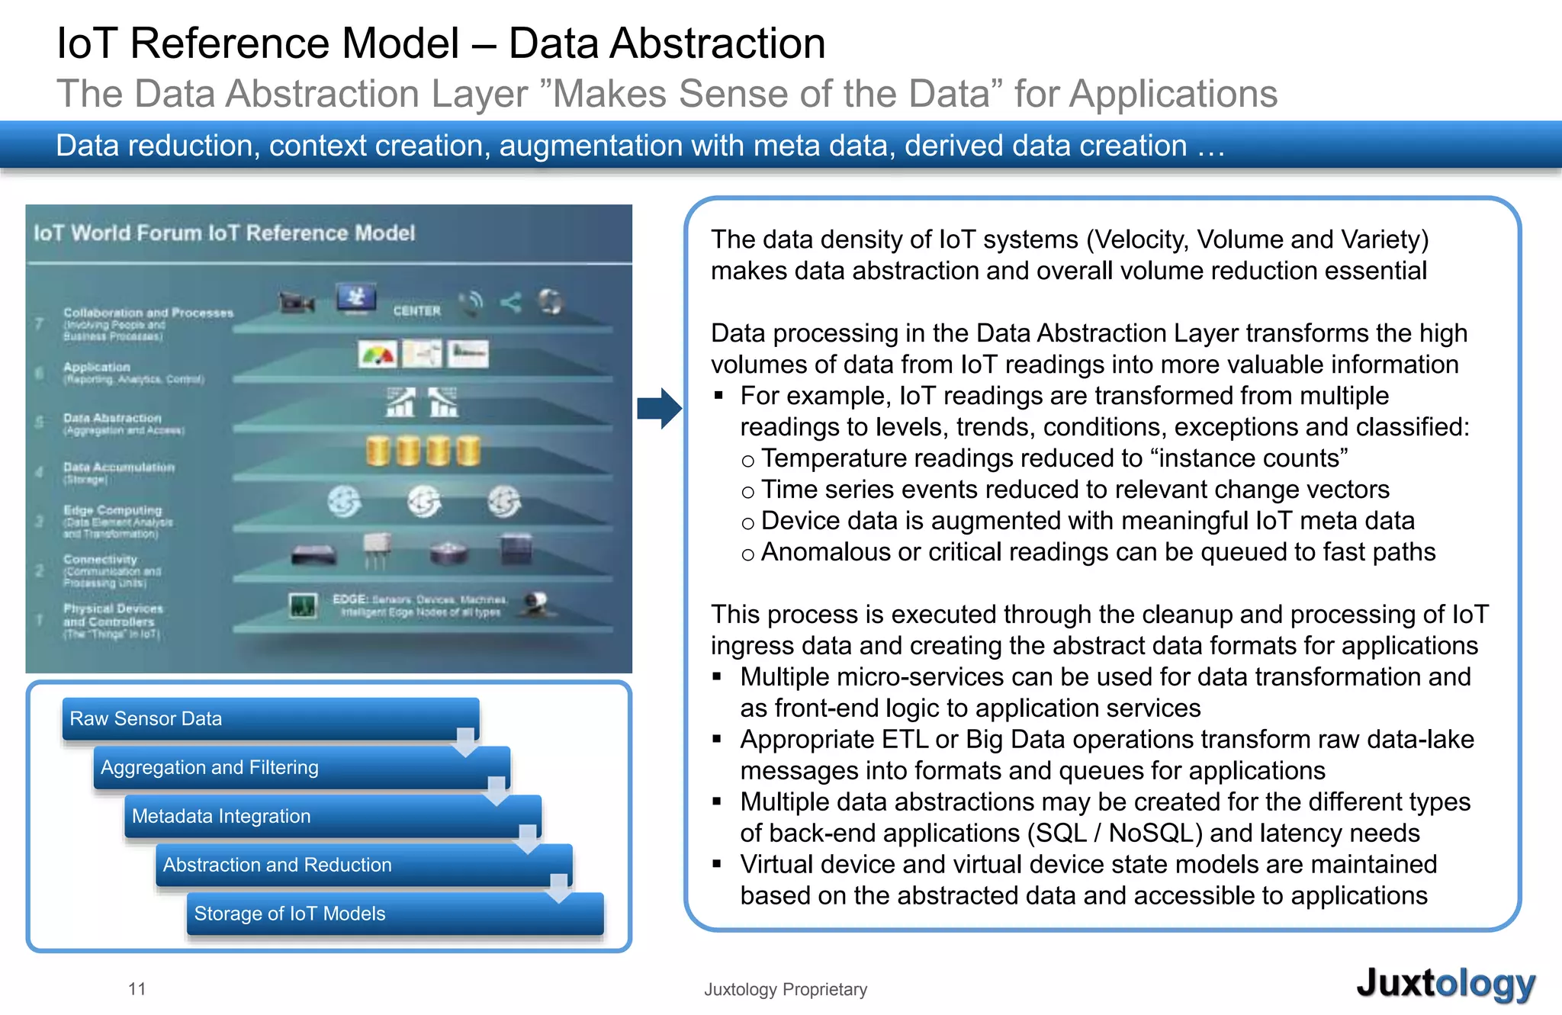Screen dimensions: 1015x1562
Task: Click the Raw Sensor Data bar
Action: (270, 718)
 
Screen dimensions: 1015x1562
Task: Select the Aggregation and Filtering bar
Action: (301, 767)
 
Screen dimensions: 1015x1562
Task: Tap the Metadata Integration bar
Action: (333, 816)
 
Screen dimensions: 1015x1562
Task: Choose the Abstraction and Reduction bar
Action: (364, 865)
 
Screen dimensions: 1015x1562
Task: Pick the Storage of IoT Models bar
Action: (395, 914)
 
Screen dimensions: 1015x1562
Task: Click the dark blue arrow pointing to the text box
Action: (658, 408)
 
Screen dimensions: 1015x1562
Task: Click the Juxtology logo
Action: (1445, 984)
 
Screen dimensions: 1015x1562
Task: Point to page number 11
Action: (137, 989)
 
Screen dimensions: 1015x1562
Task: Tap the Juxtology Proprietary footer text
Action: (785, 989)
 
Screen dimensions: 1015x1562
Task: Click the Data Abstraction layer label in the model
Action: (113, 418)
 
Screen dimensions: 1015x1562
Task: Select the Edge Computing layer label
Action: (113, 510)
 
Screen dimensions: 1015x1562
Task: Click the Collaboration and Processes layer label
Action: (148, 313)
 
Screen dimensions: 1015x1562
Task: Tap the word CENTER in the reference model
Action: (416, 311)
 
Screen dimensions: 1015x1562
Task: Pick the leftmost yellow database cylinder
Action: (378, 451)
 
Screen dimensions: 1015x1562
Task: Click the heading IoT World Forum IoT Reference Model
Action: (224, 233)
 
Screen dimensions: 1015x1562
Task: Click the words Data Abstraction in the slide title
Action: (667, 43)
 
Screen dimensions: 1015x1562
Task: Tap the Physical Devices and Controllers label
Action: (113, 615)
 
